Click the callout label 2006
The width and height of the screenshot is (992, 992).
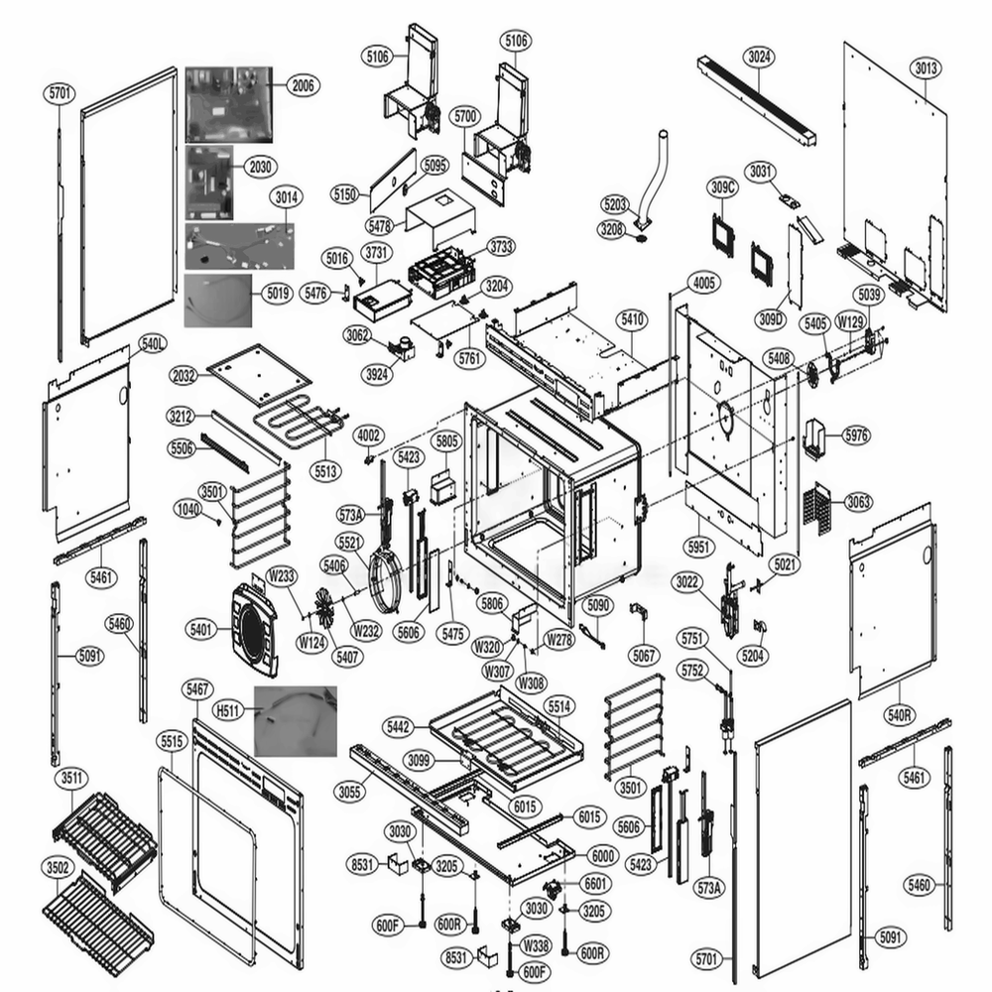click(x=303, y=86)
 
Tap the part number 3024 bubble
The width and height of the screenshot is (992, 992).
click(x=759, y=57)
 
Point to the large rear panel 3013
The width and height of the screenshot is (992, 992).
click(x=893, y=179)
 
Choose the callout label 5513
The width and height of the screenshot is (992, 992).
click(x=324, y=471)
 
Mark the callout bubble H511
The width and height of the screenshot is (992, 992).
click(x=229, y=710)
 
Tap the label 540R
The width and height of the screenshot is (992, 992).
click(x=901, y=714)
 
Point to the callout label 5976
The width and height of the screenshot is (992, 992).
click(x=855, y=434)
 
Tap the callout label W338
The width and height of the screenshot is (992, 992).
click(x=537, y=944)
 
